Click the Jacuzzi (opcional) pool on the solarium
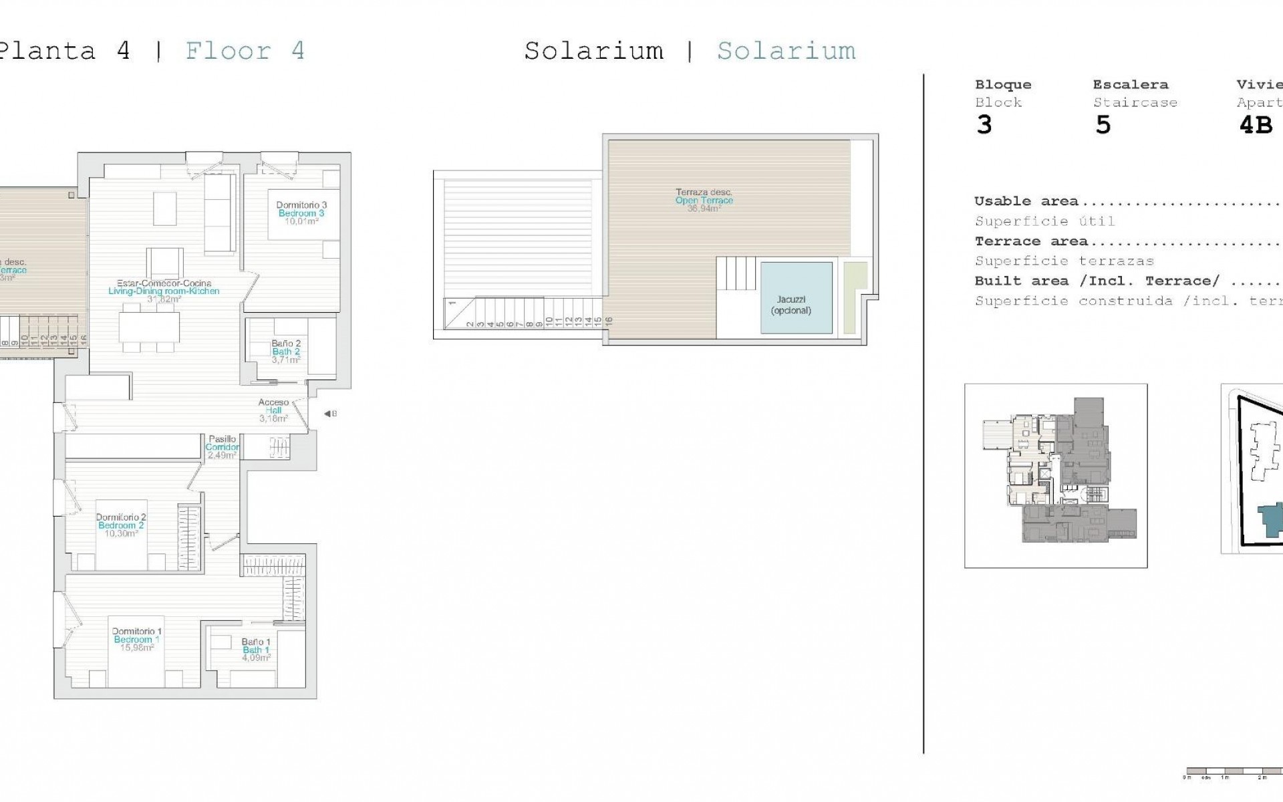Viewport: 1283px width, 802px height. pyautogui.click(x=796, y=297)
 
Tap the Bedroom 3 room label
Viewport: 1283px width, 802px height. pyautogui.click(x=301, y=213)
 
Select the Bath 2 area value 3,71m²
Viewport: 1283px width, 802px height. pyautogui.click(x=286, y=360)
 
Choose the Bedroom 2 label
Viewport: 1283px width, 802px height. pyautogui.click(x=121, y=525)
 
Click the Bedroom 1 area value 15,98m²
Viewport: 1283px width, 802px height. pyautogui.click(x=136, y=648)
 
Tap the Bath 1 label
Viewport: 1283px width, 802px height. pyautogui.click(x=256, y=650)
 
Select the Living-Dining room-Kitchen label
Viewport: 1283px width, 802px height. pyautogui.click(x=164, y=291)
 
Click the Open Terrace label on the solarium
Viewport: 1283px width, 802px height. pyautogui.click(x=704, y=200)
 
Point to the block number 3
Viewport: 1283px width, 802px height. pyautogui.click(x=984, y=125)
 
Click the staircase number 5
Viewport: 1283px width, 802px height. pyautogui.click(x=1103, y=125)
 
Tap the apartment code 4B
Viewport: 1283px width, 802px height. pyautogui.click(x=1256, y=125)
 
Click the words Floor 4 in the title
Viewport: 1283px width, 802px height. pyautogui.click(x=245, y=51)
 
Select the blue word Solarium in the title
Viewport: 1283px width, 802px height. pyautogui.click(x=786, y=51)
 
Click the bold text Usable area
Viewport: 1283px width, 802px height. pyautogui.click(x=1026, y=201)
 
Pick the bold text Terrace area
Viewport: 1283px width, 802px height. pyautogui.click(x=1030, y=241)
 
